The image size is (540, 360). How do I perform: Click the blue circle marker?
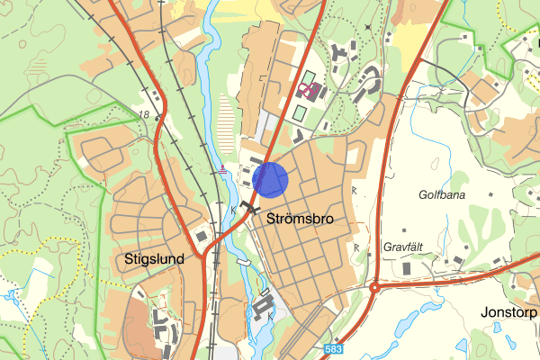[270, 179]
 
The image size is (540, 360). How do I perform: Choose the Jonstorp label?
[508, 313]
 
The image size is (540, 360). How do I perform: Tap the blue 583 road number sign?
[334, 348]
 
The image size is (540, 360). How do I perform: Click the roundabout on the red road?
[373, 288]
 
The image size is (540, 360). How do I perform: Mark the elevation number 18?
[144, 113]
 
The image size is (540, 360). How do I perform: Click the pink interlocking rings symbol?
[310, 89]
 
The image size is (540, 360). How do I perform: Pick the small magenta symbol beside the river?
[223, 167]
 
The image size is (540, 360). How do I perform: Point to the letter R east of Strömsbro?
[355, 191]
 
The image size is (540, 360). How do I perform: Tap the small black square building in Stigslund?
[202, 236]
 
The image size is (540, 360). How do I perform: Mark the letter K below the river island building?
[270, 317]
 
